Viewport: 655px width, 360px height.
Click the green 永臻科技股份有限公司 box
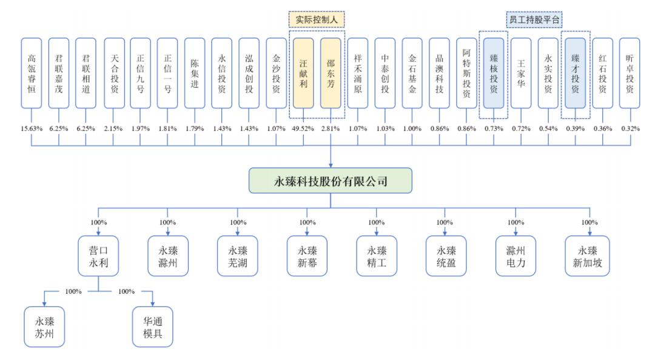[x=331, y=181]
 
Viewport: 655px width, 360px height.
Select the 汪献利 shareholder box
[x=303, y=73]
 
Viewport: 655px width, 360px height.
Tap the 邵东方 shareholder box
[x=331, y=73]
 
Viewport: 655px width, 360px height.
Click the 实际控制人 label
[x=316, y=19]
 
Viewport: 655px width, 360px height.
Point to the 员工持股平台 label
[x=534, y=19]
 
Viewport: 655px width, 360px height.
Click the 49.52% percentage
[x=303, y=128]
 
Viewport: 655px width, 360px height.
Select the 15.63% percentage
[x=32, y=128]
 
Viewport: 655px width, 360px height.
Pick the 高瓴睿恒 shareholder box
[x=32, y=73]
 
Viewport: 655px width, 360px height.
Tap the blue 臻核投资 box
[x=494, y=73]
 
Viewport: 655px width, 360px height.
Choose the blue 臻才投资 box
[x=575, y=73]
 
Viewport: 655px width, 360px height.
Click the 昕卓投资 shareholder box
[x=630, y=73]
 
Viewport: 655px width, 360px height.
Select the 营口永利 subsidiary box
[x=99, y=256]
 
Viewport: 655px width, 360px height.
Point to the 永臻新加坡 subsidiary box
[x=588, y=256]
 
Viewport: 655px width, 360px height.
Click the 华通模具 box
[x=153, y=327]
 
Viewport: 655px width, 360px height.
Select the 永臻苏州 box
[x=44, y=327]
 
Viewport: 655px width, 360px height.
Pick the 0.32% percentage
[x=630, y=128]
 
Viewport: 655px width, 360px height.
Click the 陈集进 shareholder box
[x=195, y=73]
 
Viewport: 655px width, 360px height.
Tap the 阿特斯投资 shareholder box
[x=466, y=73]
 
